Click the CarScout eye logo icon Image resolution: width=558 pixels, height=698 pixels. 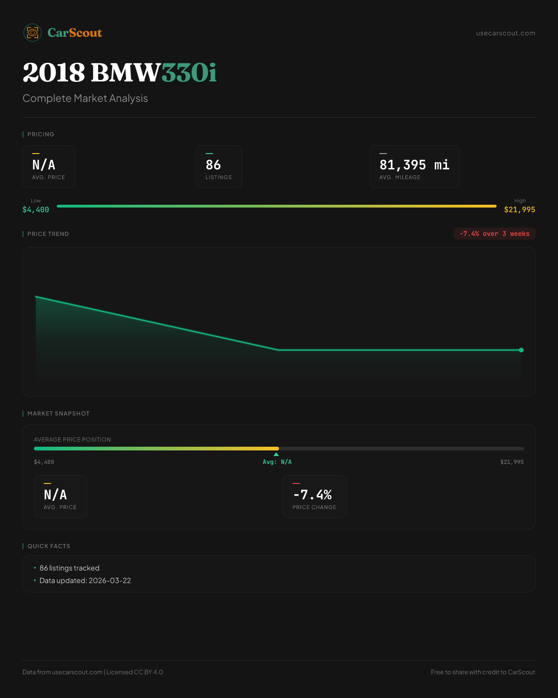[33, 33]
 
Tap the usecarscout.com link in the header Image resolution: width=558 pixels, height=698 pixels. [505, 33]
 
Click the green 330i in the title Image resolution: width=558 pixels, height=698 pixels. [189, 73]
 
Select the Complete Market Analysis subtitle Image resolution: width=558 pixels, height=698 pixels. [85, 98]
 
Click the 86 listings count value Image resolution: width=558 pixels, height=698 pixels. [213, 165]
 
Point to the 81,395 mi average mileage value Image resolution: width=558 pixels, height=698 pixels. [414, 165]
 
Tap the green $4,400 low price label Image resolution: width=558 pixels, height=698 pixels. [36, 210]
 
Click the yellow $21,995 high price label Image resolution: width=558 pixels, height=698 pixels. [519, 210]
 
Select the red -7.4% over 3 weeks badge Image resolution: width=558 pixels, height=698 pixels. [494, 234]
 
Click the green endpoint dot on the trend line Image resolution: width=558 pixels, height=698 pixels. [521, 350]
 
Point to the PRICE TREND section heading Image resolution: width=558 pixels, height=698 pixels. [48, 234]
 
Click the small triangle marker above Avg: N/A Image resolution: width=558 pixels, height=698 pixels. [276, 454]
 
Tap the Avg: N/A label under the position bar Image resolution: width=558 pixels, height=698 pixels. [277, 462]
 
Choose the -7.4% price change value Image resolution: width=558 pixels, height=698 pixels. [312, 495]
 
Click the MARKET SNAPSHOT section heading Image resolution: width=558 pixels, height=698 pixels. [58, 414]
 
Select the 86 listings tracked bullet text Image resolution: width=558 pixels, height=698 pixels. [69, 568]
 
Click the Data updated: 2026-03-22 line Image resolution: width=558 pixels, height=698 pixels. [85, 581]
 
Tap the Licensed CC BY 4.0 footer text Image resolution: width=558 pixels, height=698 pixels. [135, 672]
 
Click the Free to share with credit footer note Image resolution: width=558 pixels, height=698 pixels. [483, 672]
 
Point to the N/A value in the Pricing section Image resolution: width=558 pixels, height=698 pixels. [44, 165]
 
